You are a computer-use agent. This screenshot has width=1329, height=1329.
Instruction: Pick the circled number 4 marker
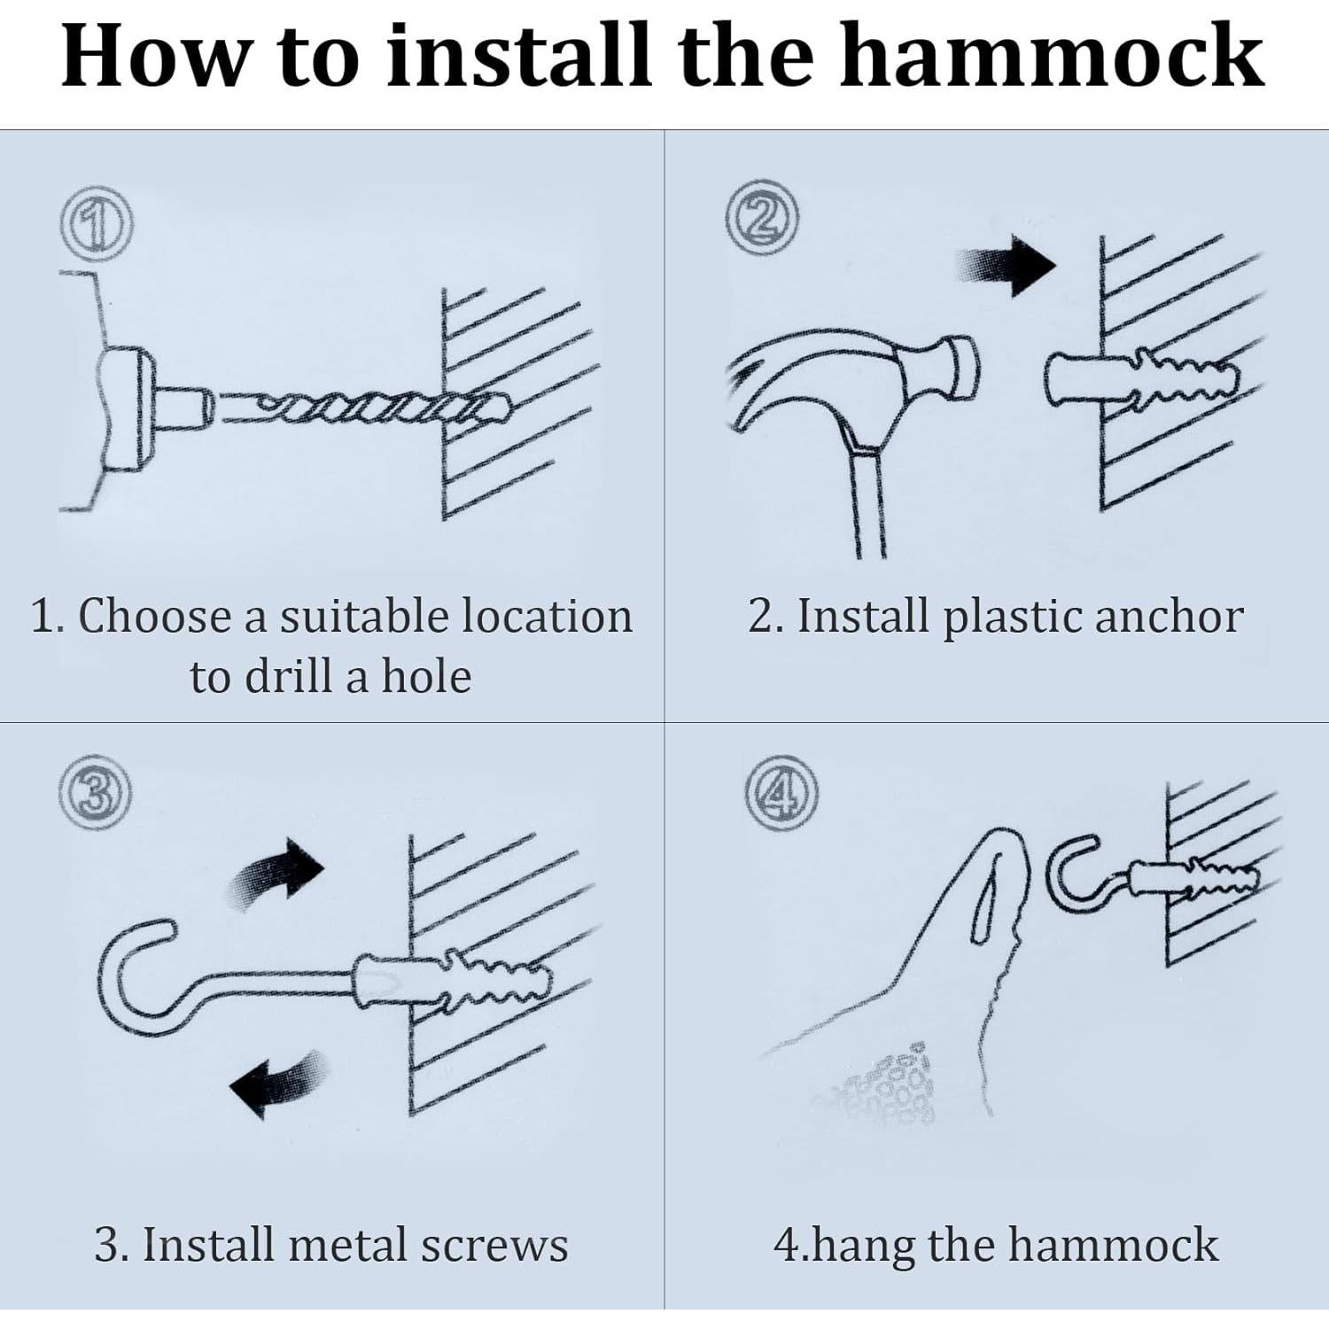[x=781, y=793]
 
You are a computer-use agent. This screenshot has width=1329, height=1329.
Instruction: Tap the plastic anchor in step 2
[x=1143, y=379]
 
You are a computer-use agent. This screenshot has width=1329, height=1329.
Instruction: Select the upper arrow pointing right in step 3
[x=276, y=874]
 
